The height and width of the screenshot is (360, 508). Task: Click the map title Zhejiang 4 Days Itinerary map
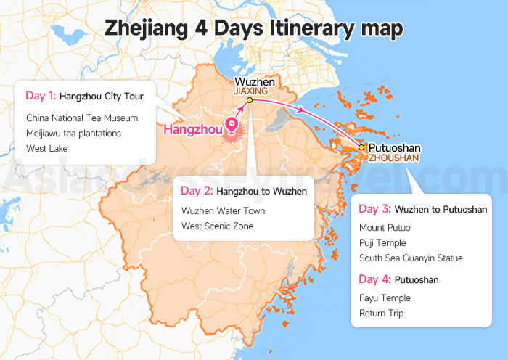pos(254,28)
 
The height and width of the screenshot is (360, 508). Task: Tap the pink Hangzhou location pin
pos(232,126)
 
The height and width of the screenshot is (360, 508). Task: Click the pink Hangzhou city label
pos(192,130)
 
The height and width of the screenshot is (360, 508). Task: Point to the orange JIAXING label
pos(251,92)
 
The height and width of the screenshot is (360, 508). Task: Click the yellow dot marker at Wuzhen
pos(249,100)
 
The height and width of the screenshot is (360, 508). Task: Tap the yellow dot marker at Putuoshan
pos(361,147)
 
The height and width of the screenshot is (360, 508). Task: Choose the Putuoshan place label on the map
pos(393,147)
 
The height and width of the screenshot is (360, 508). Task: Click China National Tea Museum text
pos(82,118)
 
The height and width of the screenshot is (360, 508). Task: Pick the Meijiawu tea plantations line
pos(73,133)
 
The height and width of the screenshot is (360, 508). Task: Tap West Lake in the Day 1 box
pos(47,148)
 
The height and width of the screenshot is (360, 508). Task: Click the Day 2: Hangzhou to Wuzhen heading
pos(243,191)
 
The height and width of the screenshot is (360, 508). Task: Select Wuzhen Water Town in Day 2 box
pos(223,211)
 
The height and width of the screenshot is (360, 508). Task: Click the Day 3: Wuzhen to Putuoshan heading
pos(423,209)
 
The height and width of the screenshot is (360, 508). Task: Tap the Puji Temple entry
pos(382,243)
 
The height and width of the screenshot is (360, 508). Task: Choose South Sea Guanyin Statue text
pos(411,258)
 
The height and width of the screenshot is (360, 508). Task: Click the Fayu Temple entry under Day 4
pos(385,298)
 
